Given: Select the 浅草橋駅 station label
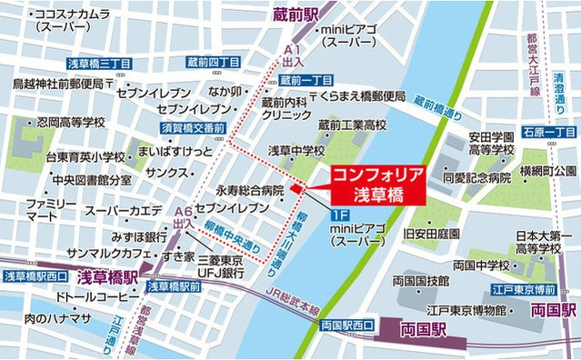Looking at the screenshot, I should [x=106, y=276].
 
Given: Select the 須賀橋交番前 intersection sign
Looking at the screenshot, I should [x=192, y=129].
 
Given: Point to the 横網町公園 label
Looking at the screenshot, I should [x=547, y=170].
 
